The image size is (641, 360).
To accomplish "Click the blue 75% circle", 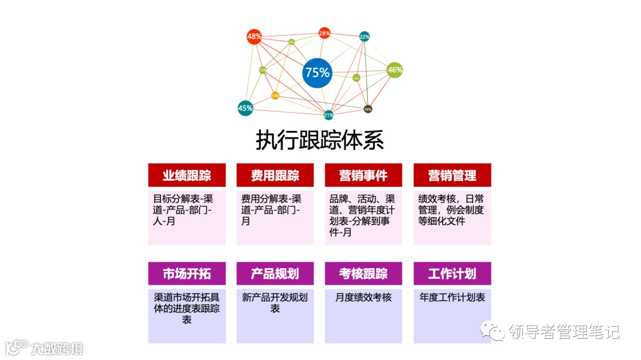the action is (x=317, y=72).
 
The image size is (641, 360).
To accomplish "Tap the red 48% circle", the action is (x=254, y=36).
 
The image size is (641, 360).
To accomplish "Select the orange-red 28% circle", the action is (x=324, y=33).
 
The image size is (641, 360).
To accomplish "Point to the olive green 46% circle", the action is (x=395, y=70).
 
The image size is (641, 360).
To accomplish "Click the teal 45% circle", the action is (x=245, y=108).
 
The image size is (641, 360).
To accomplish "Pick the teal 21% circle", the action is (x=328, y=115).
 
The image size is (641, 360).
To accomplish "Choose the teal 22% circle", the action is (x=364, y=37).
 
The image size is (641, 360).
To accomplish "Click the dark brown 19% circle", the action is (x=368, y=109).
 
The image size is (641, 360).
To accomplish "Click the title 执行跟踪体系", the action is (x=320, y=141).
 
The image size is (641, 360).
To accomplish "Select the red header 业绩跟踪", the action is (x=186, y=176).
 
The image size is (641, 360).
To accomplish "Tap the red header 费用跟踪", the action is (x=275, y=176).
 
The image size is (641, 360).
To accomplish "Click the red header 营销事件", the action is (x=363, y=176).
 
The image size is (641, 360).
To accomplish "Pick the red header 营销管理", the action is (x=452, y=176).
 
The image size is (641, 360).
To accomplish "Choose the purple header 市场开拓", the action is (x=186, y=273).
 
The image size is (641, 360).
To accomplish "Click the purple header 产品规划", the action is (x=275, y=273).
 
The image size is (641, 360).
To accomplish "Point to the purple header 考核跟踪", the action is (x=363, y=273).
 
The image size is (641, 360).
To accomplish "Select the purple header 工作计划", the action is (x=452, y=273).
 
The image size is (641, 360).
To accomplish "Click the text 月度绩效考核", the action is (x=363, y=297).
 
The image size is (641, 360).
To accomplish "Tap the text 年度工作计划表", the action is (x=452, y=297).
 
